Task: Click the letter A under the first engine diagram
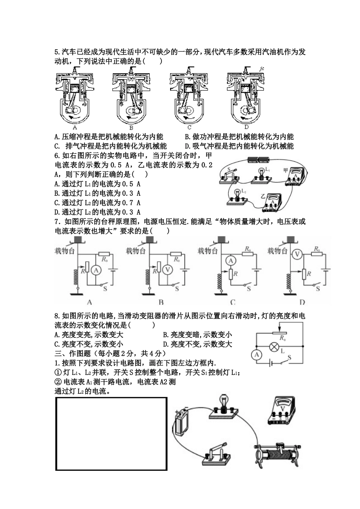pyautogui.click(x=75, y=127)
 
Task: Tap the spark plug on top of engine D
pyautogui.click(x=247, y=69)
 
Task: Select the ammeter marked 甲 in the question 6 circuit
pyautogui.click(x=297, y=177)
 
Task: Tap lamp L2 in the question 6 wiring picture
pyautogui.click(x=238, y=195)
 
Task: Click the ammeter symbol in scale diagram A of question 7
pyautogui.click(x=96, y=270)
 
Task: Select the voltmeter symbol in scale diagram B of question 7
pyautogui.click(x=167, y=269)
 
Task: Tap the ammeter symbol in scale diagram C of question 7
pyautogui.click(x=230, y=260)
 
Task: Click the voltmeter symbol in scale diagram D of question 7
pyautogui.click(x=297, y=255)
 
